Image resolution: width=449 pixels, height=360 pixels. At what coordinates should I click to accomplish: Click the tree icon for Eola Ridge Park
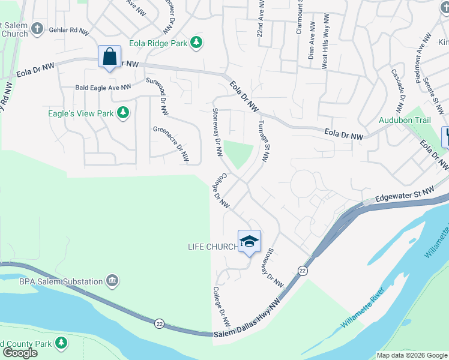coord(196,42)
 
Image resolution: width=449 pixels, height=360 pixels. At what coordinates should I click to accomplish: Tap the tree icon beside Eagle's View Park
coord(123,113)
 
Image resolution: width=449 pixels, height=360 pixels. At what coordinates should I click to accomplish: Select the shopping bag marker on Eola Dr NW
coord(109,58)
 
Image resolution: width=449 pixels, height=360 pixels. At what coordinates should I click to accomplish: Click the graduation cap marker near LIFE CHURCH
coord(249,242)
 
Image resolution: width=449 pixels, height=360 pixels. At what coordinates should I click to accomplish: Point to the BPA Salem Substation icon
coord(112,280)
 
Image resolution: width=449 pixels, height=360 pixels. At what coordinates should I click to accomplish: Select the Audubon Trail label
coord(405,120)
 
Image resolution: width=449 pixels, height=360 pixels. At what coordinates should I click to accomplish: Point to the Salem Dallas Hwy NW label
coord(246,323)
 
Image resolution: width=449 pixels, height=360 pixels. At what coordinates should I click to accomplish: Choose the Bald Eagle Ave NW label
coord(103,88)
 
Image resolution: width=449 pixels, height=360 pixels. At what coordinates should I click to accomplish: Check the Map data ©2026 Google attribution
coord(412,355)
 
